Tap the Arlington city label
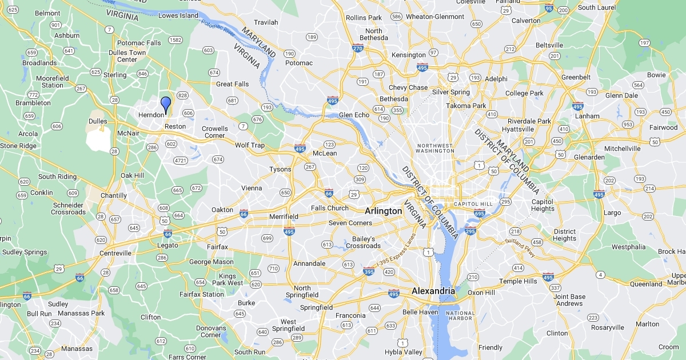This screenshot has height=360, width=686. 383,211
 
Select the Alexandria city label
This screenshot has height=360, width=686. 433,291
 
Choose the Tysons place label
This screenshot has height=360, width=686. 280,169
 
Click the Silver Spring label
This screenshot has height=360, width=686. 451,92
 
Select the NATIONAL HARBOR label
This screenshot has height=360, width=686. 460,316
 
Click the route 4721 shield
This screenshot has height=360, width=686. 181,161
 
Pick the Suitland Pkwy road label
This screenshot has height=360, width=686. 520,247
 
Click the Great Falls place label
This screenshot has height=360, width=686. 233,84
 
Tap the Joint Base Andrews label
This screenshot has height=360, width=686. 569,300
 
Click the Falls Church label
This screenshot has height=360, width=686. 330,208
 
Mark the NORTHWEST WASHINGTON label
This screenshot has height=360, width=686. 434,148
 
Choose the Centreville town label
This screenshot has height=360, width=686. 114,253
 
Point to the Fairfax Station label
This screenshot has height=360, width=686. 202,294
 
